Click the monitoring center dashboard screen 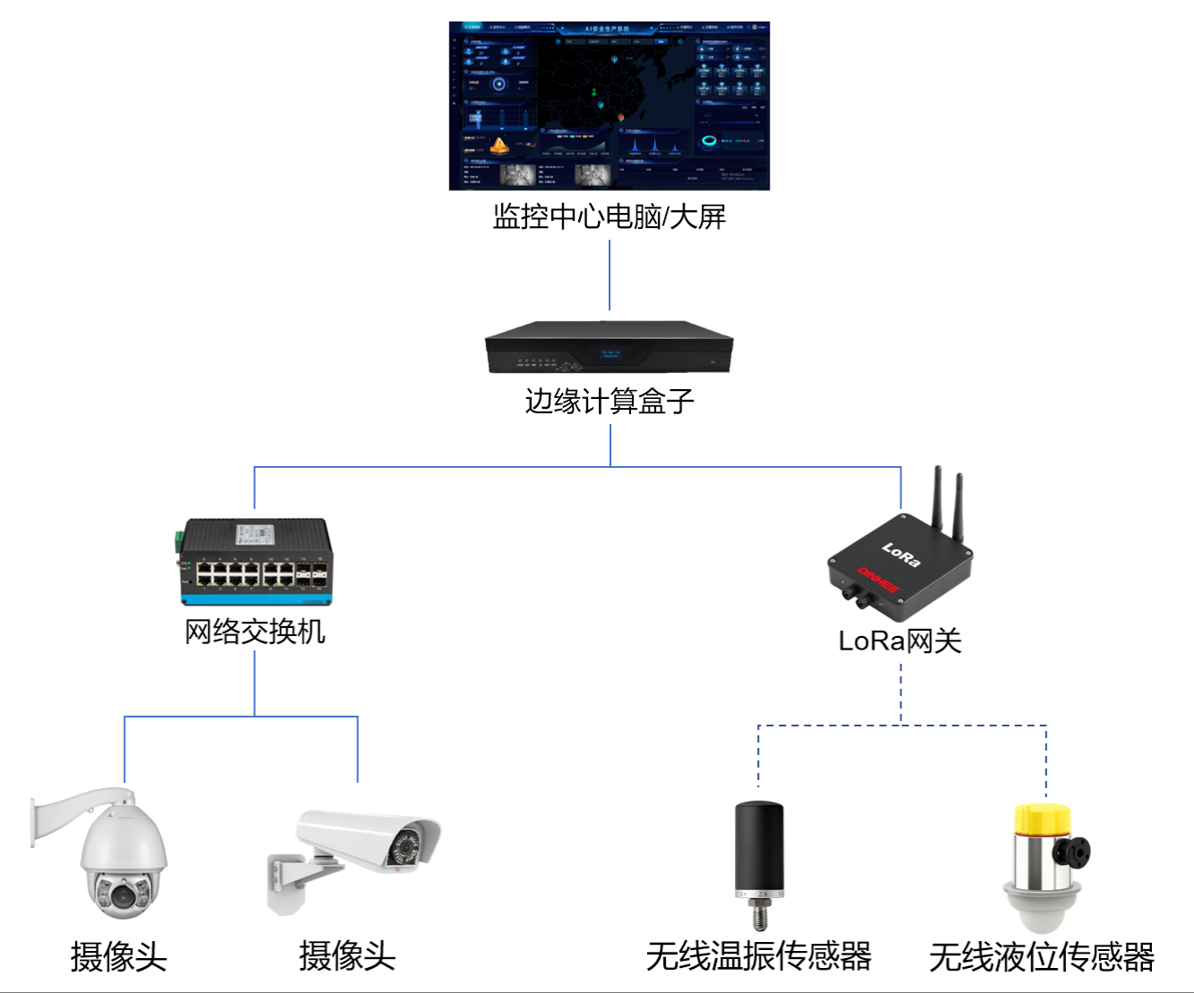(x=609, y=106)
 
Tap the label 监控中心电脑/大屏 (x=609, y=216)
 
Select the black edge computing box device (x=609, y=348)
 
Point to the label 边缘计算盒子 (x=609, y=402)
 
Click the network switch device (x=255, y=561)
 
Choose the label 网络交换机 (x=255, y=632)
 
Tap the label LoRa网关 (x=900, y=641)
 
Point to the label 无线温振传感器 (x=759, y=956)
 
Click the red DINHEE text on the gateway (x=878, y=579)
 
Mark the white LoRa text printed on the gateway (x=900, y=555)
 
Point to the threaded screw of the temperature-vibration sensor (x=760, y=918)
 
